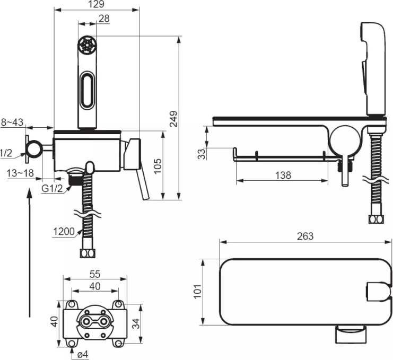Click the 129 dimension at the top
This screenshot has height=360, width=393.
(x=96, y=4)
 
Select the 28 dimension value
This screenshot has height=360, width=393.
(x=104, y=19)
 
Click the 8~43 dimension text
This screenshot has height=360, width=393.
(x=12, y=122)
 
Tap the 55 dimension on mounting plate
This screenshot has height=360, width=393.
(x=95, y=274)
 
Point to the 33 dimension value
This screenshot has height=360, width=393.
(x=201, y=154)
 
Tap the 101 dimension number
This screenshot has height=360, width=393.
(x=197, y=291)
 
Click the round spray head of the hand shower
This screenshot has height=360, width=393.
(x=87, y=45)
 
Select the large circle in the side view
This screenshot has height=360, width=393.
(x=344, y=140)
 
